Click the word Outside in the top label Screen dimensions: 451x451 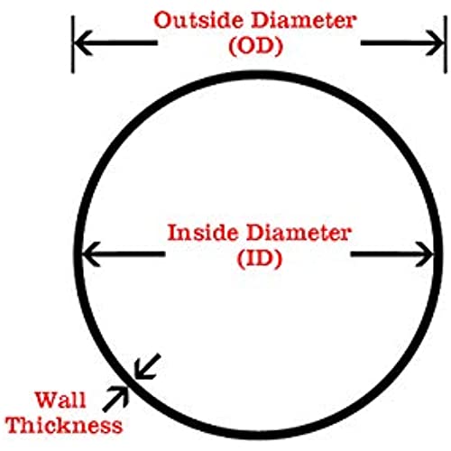[x=198, y=21]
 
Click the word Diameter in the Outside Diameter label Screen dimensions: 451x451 [x=304, y=21]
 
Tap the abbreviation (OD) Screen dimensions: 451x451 [x=256, y=46]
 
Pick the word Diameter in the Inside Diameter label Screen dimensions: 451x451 [x=299, y=233]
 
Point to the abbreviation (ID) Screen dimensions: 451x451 [x=260, y=259]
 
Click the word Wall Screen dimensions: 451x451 [x=60, y=400]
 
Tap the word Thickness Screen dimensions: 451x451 [x=64, y=425]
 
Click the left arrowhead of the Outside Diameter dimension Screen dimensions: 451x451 [x=84, y=42]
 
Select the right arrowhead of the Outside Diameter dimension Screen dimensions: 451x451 [x=434, y=42]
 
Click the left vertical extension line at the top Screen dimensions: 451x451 [x=72, y=44]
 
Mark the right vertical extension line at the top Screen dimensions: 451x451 [x=446, y=44]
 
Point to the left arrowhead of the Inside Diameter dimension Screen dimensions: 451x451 [x=91, y=254]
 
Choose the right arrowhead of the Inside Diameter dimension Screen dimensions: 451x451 [x=424, y=254]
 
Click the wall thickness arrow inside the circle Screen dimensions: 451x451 [x=147, y=366]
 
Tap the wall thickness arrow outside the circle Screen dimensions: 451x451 [x=115, y=399]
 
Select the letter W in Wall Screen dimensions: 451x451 [x=47, y=400]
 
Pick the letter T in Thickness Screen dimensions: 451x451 [x=14, y=425]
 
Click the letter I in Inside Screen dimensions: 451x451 [x=173, y=233]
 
